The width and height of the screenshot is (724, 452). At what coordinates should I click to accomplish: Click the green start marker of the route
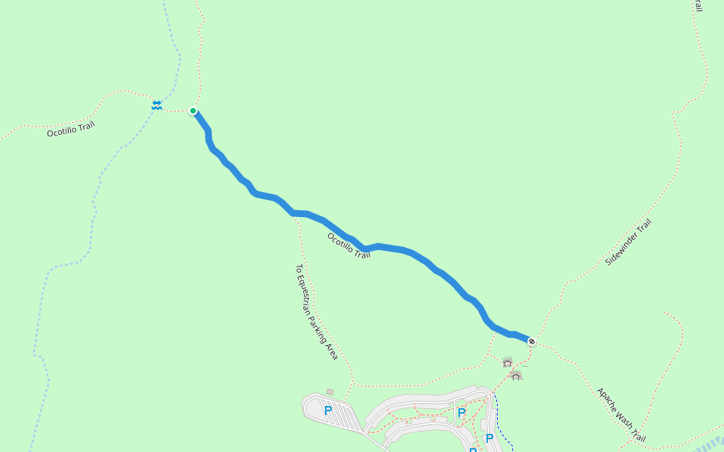[x=193, y=111]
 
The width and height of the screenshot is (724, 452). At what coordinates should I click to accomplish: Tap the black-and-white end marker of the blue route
[x=532, y=341]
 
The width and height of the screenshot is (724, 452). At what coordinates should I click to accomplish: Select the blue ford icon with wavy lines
[x=156, y=105]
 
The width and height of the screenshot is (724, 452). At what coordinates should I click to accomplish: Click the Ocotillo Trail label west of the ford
[x=71, y=128]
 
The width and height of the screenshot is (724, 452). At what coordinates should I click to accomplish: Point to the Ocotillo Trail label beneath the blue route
[x=348, y=246]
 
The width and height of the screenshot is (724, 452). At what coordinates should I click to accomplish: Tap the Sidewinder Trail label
[x=627, y=242]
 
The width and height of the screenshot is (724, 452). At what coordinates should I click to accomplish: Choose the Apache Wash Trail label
[x=621, y=414]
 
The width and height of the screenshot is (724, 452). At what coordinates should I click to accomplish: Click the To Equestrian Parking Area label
[x=316, y=312]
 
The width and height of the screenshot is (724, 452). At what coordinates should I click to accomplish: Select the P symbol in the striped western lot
[x=328, y=411]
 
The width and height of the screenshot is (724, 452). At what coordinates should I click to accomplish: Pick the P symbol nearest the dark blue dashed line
[x=489, y=438]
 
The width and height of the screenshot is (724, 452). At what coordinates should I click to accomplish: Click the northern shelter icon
[x=508, y=362]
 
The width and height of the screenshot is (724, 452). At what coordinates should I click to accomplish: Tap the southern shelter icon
[x=516, y=374]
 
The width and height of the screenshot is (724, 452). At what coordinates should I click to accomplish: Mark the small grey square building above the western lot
[x=330, y=392]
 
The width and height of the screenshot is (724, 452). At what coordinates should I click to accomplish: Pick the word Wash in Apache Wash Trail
[x=624, y=417]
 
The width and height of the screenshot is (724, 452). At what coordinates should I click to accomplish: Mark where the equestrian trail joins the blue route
[x=293, y=213]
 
